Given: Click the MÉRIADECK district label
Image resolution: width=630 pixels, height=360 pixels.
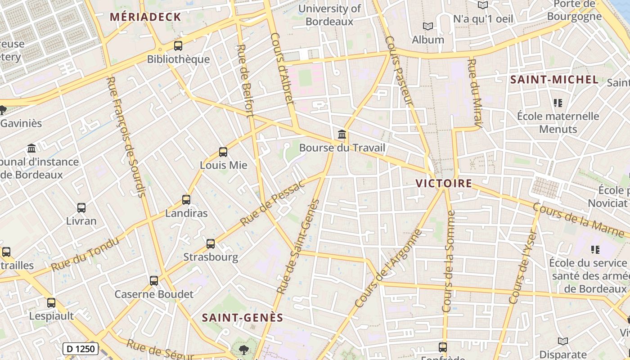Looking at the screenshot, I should (x=145, y=18).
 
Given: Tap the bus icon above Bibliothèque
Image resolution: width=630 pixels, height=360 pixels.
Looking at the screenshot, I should (x=178, y=46).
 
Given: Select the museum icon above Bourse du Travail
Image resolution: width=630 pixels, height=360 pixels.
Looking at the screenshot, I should (x=342, y=134).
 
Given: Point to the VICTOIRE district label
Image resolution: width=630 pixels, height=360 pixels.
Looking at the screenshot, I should (x=444, y=184).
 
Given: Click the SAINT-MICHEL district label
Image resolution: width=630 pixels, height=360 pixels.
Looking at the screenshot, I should (x=554, y=80).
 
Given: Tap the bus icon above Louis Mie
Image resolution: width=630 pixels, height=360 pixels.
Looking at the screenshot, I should (x=223, y=152).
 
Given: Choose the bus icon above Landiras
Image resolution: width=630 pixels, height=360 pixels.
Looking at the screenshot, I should (x=186, y=200).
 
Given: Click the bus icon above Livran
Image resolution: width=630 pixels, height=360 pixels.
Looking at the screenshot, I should (x=81, y=208).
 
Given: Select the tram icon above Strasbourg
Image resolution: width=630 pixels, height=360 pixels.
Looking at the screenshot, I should (x=211, y=244).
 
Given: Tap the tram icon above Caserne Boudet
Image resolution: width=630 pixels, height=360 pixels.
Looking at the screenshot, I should (x=154, y=281).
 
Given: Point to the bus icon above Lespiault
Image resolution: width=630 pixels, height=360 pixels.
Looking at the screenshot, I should (x=51, y=303).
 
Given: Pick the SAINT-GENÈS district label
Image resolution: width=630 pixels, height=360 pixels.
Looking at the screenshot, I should (x=243, y=318).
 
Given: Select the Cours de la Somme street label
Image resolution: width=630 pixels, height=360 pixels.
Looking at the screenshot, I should (x=449, y=261).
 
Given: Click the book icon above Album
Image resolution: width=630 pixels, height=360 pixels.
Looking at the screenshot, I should (x=427, y=27).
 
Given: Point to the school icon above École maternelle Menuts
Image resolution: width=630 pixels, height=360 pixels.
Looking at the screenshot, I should (x=558, y=103).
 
